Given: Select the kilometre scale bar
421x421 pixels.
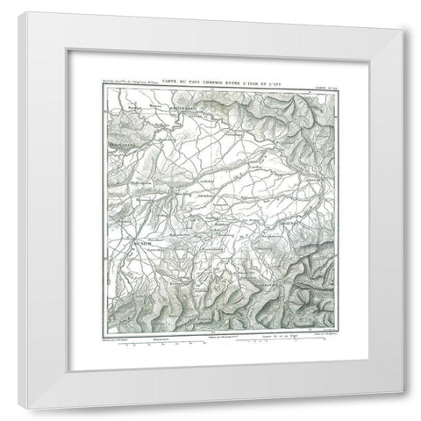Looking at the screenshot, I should click(x=158, y=342).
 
